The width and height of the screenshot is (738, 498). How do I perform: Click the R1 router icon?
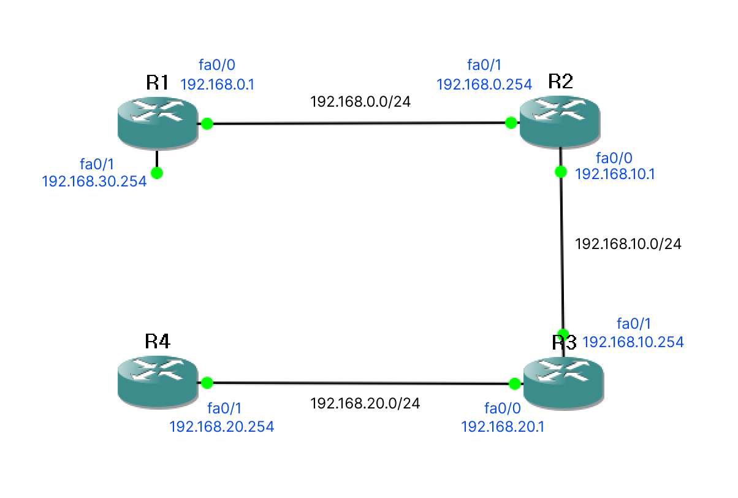pos(157,124)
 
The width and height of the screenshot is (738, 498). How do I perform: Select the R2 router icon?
pos(560,123)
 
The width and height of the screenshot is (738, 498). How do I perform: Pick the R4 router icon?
pos(157,383)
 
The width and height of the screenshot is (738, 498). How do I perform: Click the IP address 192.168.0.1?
pos(218,85)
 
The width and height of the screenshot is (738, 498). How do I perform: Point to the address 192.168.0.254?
pos(484,85)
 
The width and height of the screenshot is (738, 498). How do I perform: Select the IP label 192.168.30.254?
pos(94,181)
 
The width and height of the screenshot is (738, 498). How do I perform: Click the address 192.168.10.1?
pos(615,174)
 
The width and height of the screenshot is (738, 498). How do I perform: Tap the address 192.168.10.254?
pos(633,342)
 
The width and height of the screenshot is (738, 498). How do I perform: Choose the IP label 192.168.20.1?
pos(503,426)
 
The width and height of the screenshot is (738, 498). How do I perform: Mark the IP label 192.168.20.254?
pos(222,426)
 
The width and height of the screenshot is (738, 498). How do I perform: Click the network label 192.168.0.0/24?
pos(360,101)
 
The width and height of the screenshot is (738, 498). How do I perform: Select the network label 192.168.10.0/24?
pos(628,243)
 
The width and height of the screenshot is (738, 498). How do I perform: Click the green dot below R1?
pos(157,173)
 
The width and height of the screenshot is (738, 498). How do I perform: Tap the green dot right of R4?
pos(207,383)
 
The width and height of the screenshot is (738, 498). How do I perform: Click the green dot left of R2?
pos(511,123)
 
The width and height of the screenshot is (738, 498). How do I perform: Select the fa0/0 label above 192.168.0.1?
pos(217,64)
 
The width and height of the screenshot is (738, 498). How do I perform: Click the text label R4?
pos(157,342)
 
